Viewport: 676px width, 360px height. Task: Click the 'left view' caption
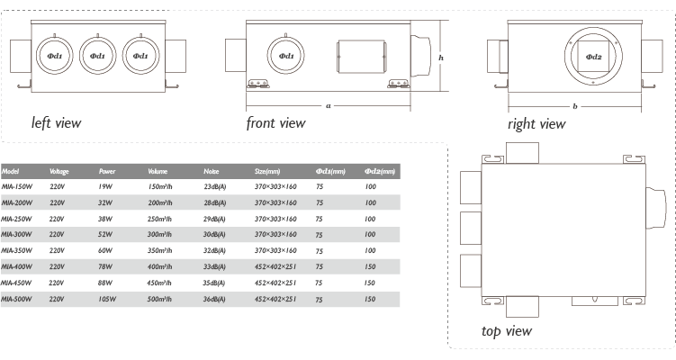point(56,122)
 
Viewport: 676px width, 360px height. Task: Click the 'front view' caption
point(275,122)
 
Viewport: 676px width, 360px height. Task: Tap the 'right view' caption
point(536,123)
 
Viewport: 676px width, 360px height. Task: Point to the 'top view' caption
point(506,331)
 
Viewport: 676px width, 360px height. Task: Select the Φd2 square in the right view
point(593,57)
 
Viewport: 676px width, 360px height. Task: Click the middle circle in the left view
point(97,56)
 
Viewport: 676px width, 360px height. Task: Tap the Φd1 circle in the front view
point(286,56)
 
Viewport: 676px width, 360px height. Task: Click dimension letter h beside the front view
point(441,57)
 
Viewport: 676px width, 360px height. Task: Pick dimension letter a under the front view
point(328,105)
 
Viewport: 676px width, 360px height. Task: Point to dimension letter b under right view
point(575,106)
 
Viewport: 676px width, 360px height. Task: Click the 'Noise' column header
point(212,171)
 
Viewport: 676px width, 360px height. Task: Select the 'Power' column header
point(106,171)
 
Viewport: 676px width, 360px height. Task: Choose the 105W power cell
point(108,298)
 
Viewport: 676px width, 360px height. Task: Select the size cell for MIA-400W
point(275,266)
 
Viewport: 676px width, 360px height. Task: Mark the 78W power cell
point(105,266)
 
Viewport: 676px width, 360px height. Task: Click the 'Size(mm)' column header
point(267,171)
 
